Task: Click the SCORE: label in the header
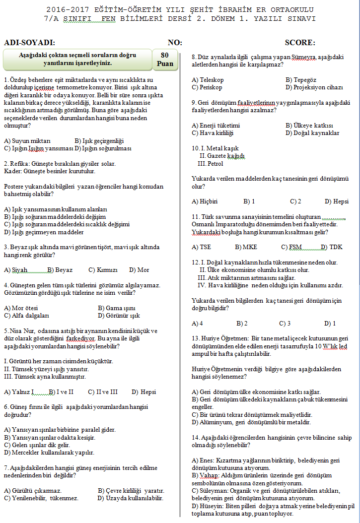(x=300, y=43)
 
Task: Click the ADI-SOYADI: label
(x=30, y=43)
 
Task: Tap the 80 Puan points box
(x=165, y=60)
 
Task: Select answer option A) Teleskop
(x=208, y=80)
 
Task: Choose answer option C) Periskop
(x=207, y=87)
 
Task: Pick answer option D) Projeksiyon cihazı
(x=314, y=87)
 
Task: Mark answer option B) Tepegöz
(x=301, y=80)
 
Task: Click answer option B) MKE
(x=245, y=247)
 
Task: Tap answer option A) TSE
(x=201, y=247)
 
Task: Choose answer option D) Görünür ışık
(x=119, y=315)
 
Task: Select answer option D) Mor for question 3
(x=139, y=270)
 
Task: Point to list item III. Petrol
(x=211, y=163)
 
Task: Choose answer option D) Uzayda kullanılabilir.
(x=131, y=498)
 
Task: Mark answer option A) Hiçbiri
(x=205, y=201)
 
